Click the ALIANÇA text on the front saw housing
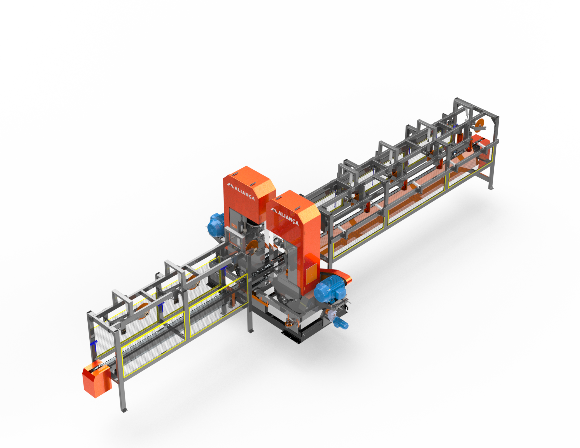tap(288, 217)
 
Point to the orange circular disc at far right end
tap(479, 125)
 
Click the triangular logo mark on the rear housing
tap(230, 186)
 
